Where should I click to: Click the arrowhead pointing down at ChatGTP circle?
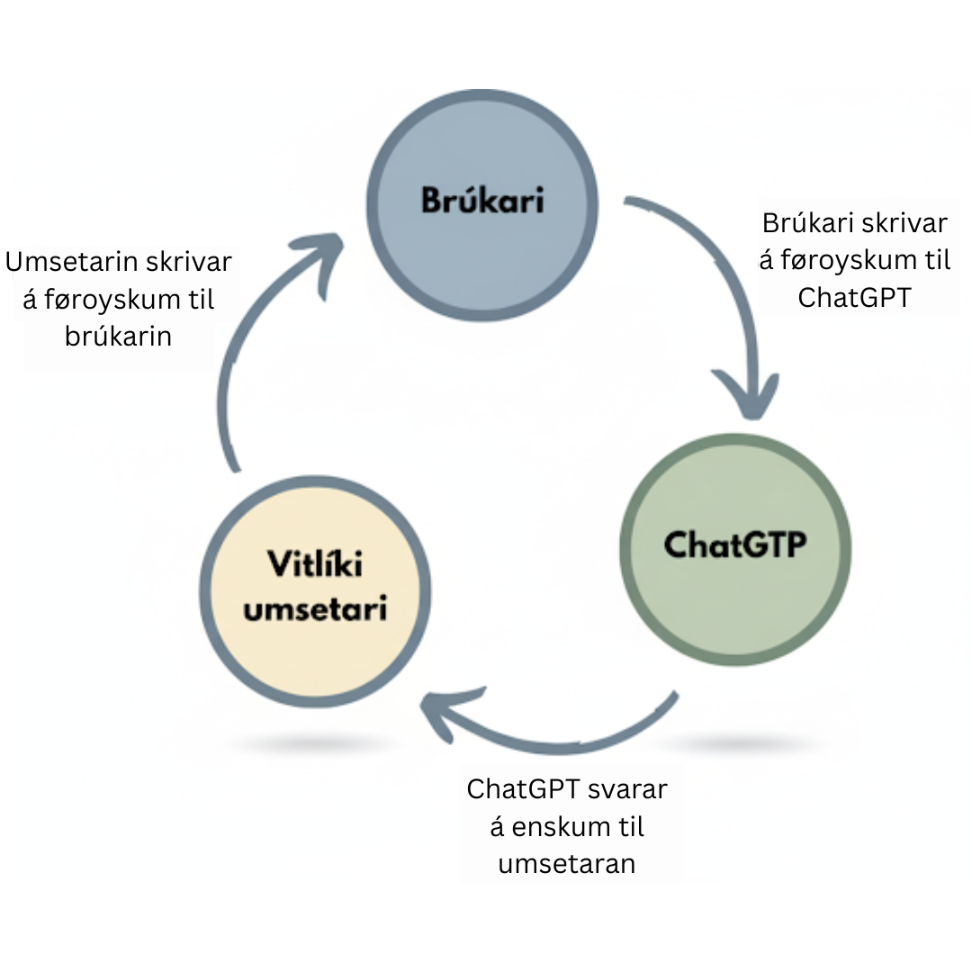click(x=750, y=396)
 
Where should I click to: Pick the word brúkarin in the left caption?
click(x=118, y=335)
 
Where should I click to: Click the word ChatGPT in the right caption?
click(x=854, y=297)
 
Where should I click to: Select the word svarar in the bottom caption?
click(x=627, y=789)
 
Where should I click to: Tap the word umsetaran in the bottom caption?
click(x=566, y=863)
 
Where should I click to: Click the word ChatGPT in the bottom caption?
click(x=523, y=789)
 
